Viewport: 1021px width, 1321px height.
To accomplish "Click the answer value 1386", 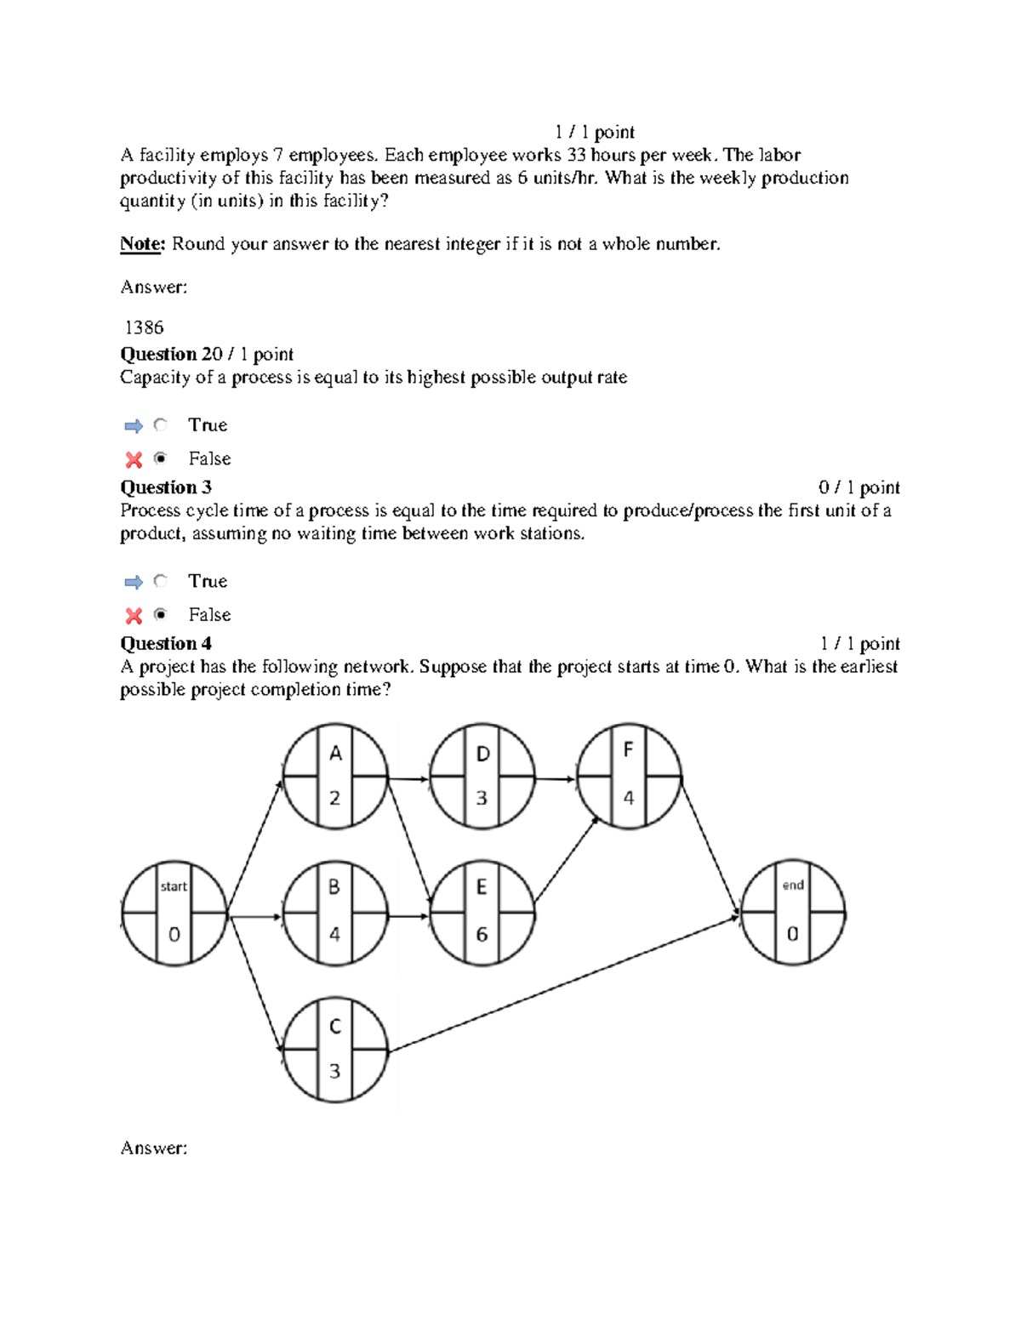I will point(144,327).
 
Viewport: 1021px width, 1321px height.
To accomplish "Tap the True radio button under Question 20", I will point(160,424).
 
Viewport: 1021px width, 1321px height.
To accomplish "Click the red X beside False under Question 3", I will point(134,615).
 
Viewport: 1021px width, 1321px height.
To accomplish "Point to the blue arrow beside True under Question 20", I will point(134,425).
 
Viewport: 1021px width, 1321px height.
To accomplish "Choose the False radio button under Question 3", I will point(160,614).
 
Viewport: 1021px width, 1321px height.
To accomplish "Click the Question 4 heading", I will point(166,643).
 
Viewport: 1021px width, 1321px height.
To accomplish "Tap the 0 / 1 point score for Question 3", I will point(858,487).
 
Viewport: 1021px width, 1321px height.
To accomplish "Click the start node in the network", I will point(174,914).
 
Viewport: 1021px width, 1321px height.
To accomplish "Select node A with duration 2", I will point(335,776).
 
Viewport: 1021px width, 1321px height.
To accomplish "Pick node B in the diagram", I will point(335,914).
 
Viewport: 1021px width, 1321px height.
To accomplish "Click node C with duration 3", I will point(335,1050).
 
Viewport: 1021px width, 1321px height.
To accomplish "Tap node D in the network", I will point(482,776).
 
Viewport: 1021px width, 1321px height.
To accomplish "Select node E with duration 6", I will point(482,914).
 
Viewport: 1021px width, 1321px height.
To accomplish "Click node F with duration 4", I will point(629,776).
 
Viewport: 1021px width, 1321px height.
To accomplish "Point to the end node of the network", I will point(793,914).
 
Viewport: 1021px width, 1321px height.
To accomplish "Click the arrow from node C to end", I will point(563,983).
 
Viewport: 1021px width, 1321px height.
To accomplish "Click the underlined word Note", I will point(141,244).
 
